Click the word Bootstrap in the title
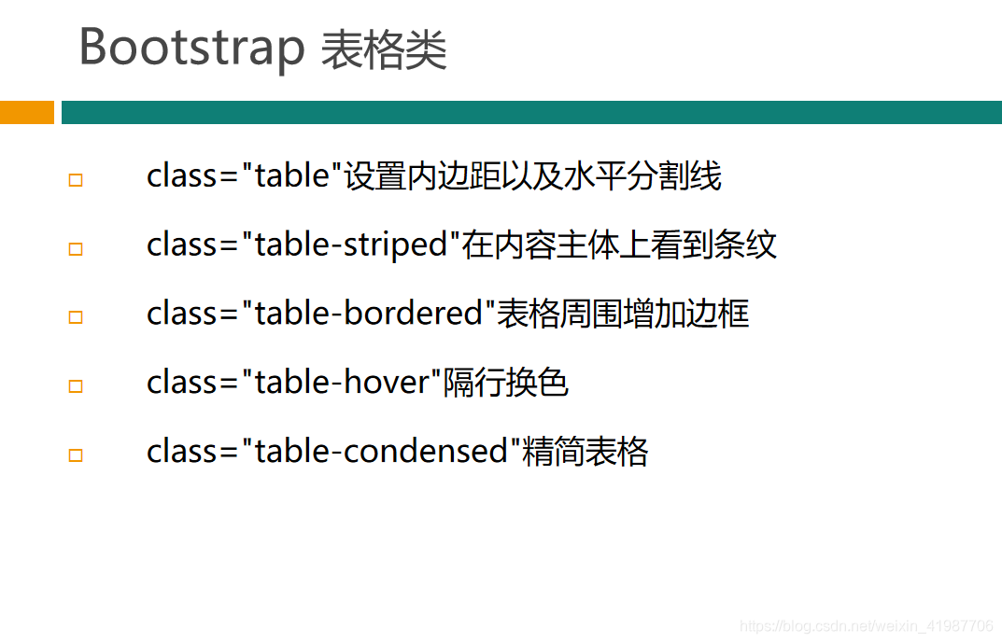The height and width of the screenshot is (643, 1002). tap(191, 49)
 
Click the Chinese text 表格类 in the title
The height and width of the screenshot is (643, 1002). tap(384, 49)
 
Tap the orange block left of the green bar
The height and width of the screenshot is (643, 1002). tap(27, 112)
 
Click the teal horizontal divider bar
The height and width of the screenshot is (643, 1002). tap(531, 112)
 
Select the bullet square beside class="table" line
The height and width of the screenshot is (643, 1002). tap(76, 180)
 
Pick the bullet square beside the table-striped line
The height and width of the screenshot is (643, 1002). tap(76, 249)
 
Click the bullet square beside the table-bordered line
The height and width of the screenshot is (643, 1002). tap(76, 317)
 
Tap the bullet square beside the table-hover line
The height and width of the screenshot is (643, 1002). tap(76, 386)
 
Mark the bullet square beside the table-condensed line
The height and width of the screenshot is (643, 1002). tap(76, 455)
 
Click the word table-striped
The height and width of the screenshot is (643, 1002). tap(351, 245)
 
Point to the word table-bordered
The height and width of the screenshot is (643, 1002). tap(368, 314)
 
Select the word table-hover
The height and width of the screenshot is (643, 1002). tap(342, 383)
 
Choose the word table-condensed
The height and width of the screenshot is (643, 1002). tap(381, 452)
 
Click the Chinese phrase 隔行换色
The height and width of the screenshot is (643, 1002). tap(505, 383)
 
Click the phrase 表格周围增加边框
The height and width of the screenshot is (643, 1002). tap(623, 314)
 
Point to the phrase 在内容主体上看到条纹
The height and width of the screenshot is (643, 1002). tap(619, 245)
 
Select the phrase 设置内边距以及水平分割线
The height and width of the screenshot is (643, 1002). tap(533, 176)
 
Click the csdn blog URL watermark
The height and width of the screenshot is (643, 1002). tap(867, 626)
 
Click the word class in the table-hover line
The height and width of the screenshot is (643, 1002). tap(182, 383)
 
